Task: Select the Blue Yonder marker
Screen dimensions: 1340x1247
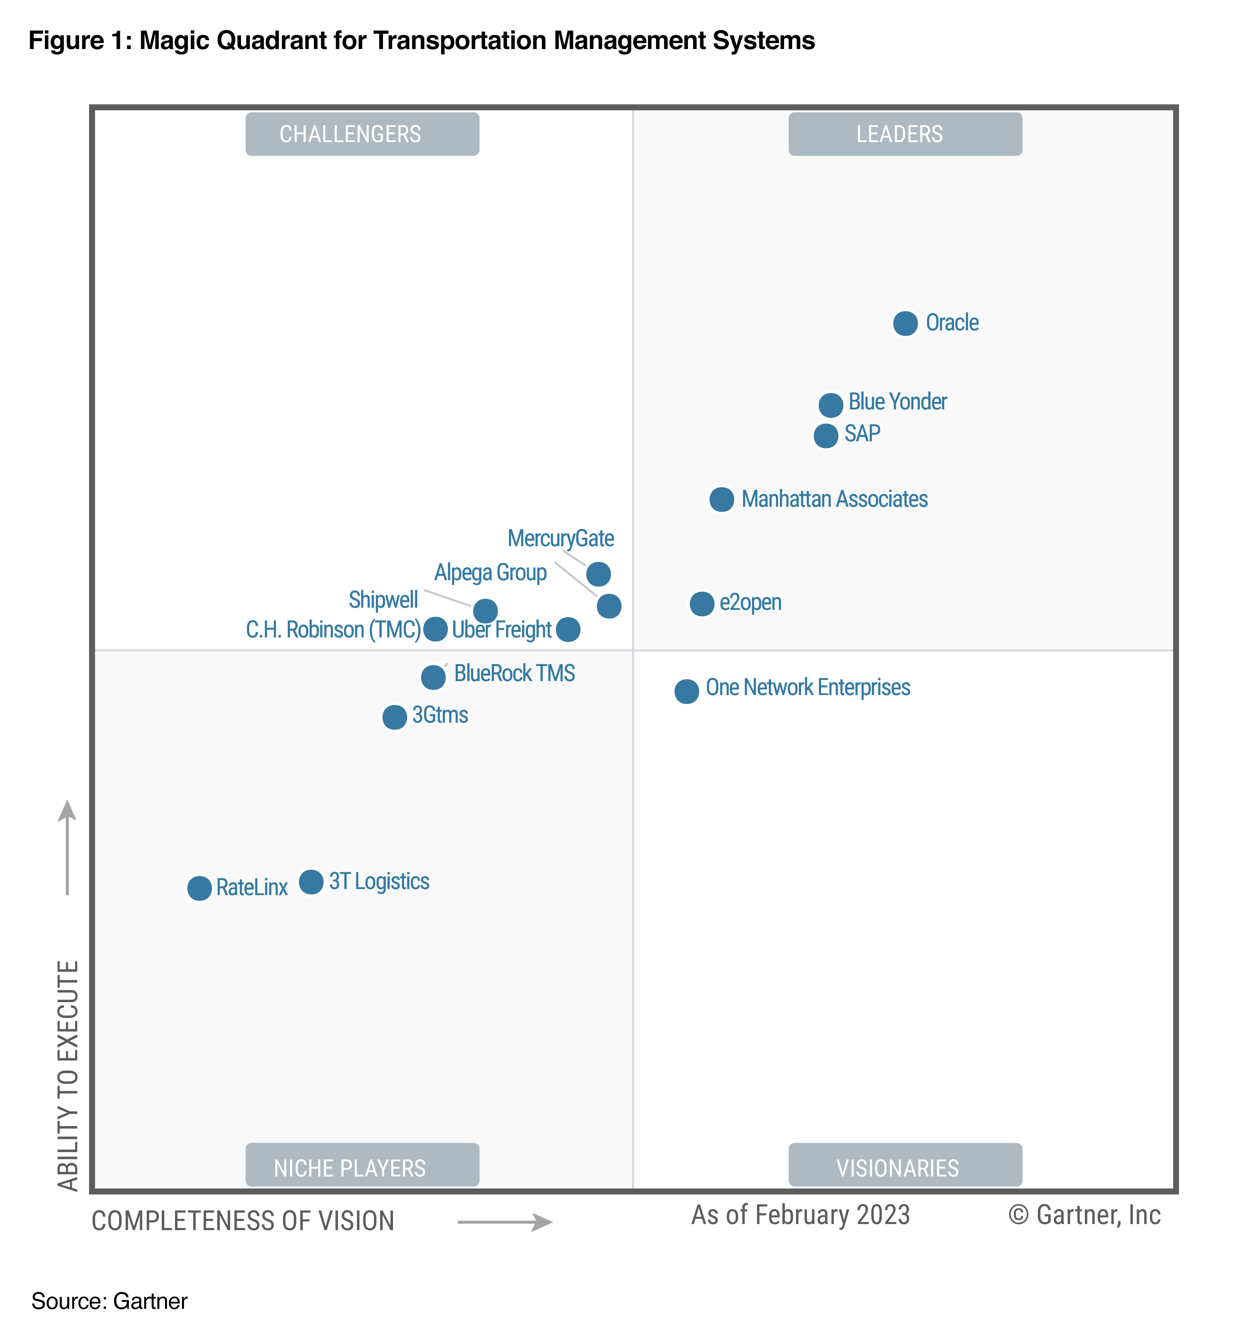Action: pyautogui.click(x=830, y=405)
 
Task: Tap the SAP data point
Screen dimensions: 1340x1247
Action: pyautogui.click(x=826, y=436)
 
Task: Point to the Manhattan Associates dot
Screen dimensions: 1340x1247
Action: pyautogui.click(x=721, y=500)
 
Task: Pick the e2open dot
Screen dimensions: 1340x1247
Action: pyautogui.click(x=702, y=604)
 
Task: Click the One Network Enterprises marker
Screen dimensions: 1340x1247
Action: pyautogui.click(x=686, y=691)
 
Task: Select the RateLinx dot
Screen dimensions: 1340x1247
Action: pyautogui.click(x=199, y=888)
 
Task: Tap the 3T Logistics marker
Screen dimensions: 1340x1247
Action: pyautogui.click(x=311, y=882)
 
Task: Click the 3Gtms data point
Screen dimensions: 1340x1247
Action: pyautogui.click(x=394, y=717)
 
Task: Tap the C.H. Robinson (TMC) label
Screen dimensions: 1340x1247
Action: pyautogui.click(x=333, y=630)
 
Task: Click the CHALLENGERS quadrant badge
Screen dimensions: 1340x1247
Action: pyautogui.click(x=362, y=134)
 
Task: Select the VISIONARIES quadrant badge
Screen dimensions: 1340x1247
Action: pyautogui.click(x=904, y=1167)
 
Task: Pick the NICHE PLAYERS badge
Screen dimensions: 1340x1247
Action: pyautogui.click(x=362, y=1167)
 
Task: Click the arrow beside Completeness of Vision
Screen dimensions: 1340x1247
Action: pyautogui.click(x=505, y=1222)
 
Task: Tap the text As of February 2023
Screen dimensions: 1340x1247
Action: pyautogui.click(x=800, y=1215)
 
